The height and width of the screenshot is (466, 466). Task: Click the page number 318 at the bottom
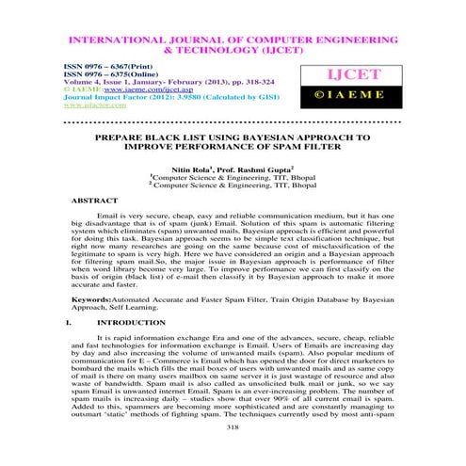pos(233,453)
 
